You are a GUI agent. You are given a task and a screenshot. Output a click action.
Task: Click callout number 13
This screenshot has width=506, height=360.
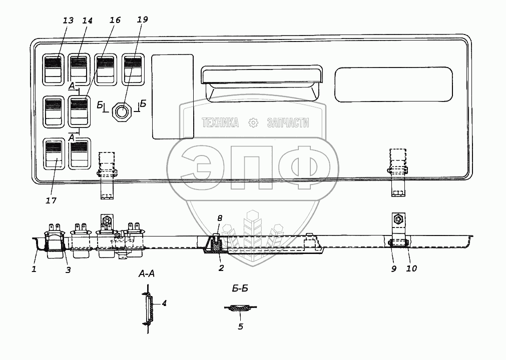[69, 20]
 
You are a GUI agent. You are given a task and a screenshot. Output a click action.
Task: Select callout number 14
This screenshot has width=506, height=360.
[88, 20]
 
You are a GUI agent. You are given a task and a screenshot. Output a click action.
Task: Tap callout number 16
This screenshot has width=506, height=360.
[115, 20]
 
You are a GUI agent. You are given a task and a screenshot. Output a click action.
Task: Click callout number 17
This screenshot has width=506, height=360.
[51, 200]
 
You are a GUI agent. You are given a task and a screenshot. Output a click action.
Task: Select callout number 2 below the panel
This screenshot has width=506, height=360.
[221, 268]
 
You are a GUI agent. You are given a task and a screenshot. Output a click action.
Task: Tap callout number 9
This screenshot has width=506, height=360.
[394, 268]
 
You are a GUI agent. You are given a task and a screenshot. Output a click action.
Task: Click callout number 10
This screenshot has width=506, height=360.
[411, 268]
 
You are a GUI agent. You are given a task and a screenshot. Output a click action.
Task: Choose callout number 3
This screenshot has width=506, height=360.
[68, 270]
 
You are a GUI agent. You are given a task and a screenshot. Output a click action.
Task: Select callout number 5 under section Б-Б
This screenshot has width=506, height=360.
[240, 326]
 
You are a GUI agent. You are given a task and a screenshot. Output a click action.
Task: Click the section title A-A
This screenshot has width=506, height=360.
[148, 274]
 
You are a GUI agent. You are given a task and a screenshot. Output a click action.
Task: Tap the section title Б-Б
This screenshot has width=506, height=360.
[241, 289]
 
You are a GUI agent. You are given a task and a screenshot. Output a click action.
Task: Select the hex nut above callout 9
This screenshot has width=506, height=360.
[397, 218]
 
